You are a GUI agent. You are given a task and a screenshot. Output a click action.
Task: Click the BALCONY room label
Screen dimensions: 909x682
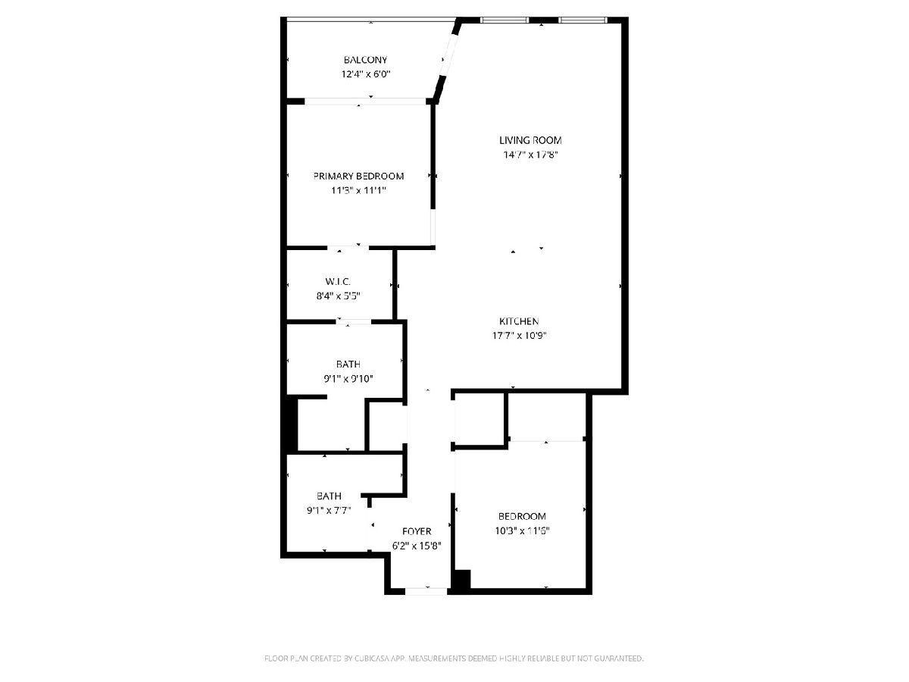coord(365,60)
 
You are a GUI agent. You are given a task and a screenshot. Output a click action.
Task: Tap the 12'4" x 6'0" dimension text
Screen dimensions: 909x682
coord(366,74)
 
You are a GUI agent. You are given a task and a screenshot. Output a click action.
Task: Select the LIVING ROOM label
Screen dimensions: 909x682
coord(530,140)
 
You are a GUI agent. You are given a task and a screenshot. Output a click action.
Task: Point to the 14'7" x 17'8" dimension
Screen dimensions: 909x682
coord(530,155)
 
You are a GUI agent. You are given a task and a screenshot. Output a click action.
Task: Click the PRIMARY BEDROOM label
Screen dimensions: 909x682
coord(358,176)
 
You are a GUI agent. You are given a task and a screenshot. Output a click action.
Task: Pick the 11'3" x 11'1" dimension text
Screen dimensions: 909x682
coord(358,190)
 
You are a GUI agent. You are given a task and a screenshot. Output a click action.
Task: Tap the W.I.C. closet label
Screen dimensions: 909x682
coord(338,282)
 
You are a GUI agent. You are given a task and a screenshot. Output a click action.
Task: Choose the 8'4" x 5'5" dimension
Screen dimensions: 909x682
coord(339,296)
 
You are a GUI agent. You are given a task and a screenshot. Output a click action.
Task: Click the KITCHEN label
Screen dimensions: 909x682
coord(519,321)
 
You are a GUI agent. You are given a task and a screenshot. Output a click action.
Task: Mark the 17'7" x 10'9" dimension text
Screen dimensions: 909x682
coord(520,336)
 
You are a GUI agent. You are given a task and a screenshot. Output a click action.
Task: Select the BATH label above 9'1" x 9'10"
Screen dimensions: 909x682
coord(348,364)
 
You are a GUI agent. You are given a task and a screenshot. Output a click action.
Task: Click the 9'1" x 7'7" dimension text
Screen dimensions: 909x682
coord(329,511)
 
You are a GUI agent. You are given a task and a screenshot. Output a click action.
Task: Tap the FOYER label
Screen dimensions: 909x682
coord(417,531)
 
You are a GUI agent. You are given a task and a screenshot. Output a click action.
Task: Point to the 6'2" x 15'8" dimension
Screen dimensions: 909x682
coord(417,546)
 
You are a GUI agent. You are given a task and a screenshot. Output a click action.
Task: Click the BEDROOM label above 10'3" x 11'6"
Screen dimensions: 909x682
coord(522,516)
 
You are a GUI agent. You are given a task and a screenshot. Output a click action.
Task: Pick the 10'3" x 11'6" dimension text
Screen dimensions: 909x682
coord(522,531)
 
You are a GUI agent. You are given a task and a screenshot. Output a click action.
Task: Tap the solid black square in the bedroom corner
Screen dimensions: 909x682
coord(461,579)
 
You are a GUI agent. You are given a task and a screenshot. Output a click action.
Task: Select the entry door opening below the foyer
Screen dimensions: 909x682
coord(426,591)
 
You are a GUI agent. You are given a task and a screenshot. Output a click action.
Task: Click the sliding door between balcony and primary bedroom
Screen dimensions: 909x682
coord(365,102)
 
